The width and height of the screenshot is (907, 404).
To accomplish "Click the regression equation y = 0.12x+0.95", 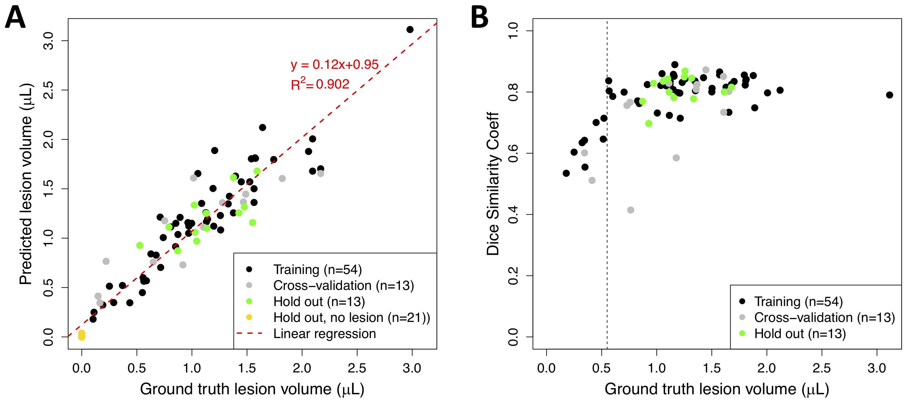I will point(334,65).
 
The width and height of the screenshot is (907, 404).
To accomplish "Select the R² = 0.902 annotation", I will point(320,84).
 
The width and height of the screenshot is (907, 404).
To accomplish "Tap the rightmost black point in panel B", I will point(889,95).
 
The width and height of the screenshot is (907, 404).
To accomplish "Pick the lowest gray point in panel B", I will point(631,210).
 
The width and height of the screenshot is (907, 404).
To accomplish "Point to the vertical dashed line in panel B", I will point(607,246).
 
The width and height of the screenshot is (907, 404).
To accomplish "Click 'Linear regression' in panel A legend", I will point(324,334).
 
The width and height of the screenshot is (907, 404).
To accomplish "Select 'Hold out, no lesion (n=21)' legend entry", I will point(351,318).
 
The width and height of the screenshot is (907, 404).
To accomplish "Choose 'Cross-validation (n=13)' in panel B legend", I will point(824,318).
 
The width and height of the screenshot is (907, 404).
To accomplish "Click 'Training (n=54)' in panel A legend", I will point(317,269).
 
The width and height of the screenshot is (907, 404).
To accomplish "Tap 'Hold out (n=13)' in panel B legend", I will point(800,334).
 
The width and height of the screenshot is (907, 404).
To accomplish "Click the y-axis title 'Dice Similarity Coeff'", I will point(493,183).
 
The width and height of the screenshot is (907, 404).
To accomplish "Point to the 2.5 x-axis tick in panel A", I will point(357,368).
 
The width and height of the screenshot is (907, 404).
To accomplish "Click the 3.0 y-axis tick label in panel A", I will point(48,41).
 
